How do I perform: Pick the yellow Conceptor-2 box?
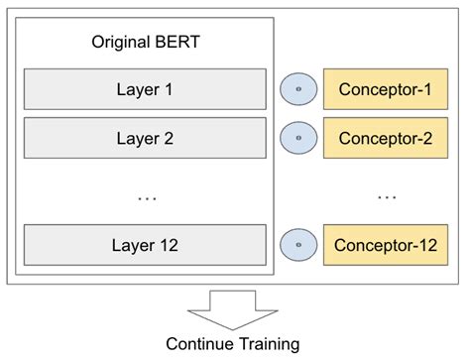(386, 138)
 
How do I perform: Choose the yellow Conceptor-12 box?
(386, 245)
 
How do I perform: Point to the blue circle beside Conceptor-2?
(297, 138)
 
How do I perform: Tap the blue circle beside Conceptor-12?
(297, 245)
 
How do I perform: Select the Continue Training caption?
(233, 343)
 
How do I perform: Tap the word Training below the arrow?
(268, 344)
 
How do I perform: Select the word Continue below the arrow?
(199, 343)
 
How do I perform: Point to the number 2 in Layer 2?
(168, 138)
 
